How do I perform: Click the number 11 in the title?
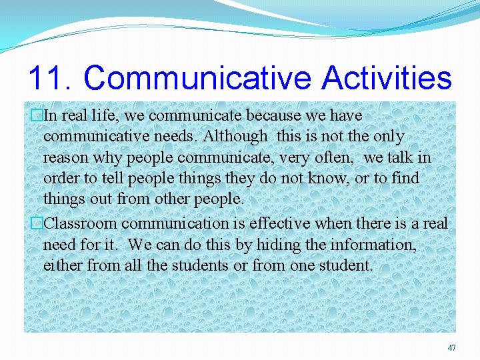click(x=49, y=78)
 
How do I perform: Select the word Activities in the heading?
click(x=387, y=78)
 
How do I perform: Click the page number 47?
click(x=452, y=348)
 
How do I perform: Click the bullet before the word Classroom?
click(x=37, y=224)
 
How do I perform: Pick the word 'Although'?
click(x=235, y=137)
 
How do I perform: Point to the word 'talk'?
click(x=401, y=158)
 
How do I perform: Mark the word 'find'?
click(x=405, y=179)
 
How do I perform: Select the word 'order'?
click(x=61, y=179)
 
